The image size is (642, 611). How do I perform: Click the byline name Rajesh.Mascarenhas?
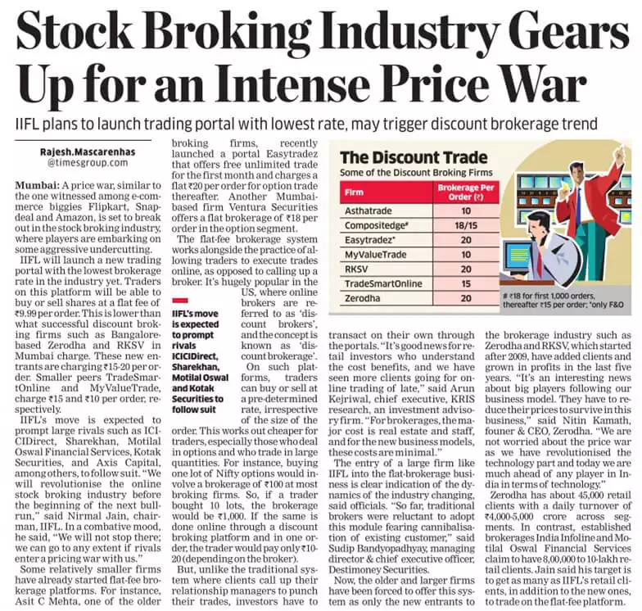pyautogui.click(x=88, y=152)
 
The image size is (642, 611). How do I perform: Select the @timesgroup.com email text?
pyautogui.click(x=88, y=162)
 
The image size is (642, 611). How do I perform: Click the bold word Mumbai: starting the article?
pyautogui.click(x=38, y=185)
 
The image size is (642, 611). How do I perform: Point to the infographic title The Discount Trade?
pyautogui.click(x=414, y=157)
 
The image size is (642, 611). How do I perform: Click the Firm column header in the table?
pyautogui.click(x=354, y=192)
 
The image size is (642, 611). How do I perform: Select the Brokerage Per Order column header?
pyautogui.click(x=466, y=192)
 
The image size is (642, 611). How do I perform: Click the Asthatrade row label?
pyautogui.click(x=368, y=211)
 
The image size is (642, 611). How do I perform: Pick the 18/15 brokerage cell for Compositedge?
pyautogui.click(x=466, y=226)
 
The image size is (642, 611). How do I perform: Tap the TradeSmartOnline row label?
pyautogui.click(x=383, y=283)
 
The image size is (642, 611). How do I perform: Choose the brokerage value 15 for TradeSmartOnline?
pyautogui.click(x=466, y=283)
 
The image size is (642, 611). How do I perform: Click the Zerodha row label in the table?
pyautogui.click(x=362, y=298)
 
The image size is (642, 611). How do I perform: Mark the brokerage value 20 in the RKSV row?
pyautogui.click(x=466, y=269)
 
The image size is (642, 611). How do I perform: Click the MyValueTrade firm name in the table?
pyautogui.click(x=375, y=255)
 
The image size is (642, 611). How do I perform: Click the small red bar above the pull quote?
pyautogui.click(x=180, y=301)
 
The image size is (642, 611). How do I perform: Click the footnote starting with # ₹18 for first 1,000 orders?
pyautogui.click(x=563, y=300)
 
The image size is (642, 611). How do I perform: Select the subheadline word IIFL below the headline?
pyautogui.click(x=27, y=123)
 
